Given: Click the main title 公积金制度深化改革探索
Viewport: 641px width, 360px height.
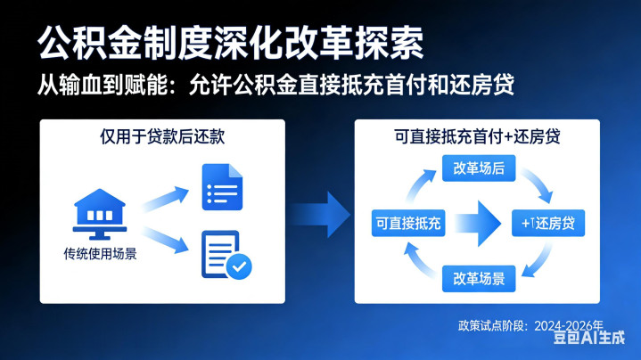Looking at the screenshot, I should click(230, 41).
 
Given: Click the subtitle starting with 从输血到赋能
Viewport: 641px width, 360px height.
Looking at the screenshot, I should click(276, 86).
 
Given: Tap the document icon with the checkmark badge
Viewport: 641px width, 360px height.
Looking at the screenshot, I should click(224, 255).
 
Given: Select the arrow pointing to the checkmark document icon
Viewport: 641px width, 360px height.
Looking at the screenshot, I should click(167, 239).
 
